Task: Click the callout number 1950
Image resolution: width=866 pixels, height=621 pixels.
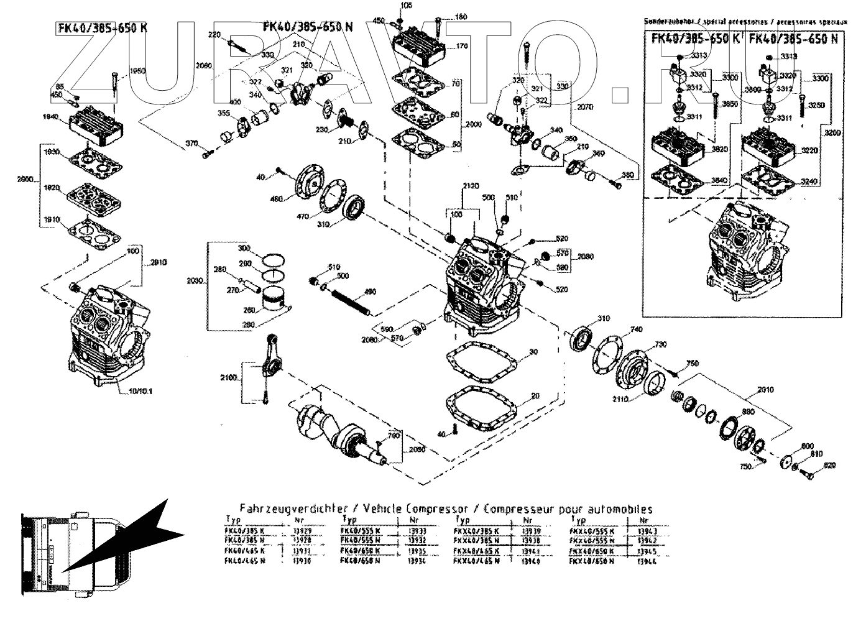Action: click(x=137, y=71)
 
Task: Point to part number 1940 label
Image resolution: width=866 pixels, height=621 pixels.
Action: click(x=50, y=116)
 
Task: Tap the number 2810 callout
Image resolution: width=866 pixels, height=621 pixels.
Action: click(x=158, y=262)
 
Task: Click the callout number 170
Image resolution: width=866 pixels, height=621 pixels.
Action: click(x=461, y=46)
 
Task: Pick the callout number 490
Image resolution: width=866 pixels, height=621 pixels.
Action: click(x=370, y=291)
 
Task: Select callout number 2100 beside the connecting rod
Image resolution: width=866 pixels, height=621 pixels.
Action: click(x=228, y=377)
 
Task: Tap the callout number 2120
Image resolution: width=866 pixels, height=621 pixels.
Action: click(x=472, y=185)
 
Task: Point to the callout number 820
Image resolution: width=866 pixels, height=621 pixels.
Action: click(x=829, y=465)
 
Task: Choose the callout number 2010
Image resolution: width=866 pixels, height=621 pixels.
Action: click(x=766, y=391)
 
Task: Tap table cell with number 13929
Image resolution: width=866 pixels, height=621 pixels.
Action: click(x=301, y=531)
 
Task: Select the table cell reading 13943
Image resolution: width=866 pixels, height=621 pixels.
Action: click(x=647, y=531)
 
